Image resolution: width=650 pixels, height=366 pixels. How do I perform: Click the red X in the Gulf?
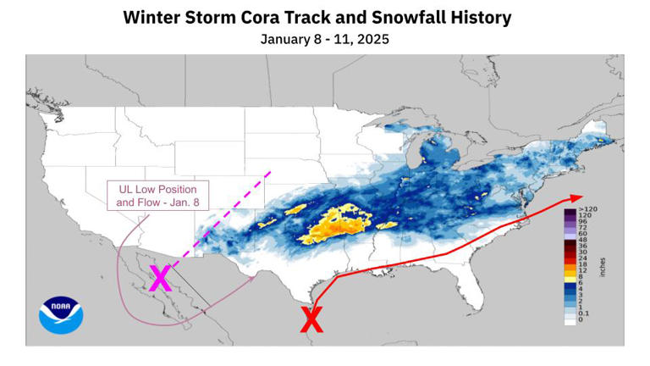311,319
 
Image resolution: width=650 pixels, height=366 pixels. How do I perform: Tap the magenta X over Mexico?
160,278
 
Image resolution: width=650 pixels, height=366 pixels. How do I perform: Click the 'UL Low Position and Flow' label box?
157,196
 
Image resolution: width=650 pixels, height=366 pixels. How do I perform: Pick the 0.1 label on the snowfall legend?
585,313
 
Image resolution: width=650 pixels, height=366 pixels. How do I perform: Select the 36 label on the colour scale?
584,247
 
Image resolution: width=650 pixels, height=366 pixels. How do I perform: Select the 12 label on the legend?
584,269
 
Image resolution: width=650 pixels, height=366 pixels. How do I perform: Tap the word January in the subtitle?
286,39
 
